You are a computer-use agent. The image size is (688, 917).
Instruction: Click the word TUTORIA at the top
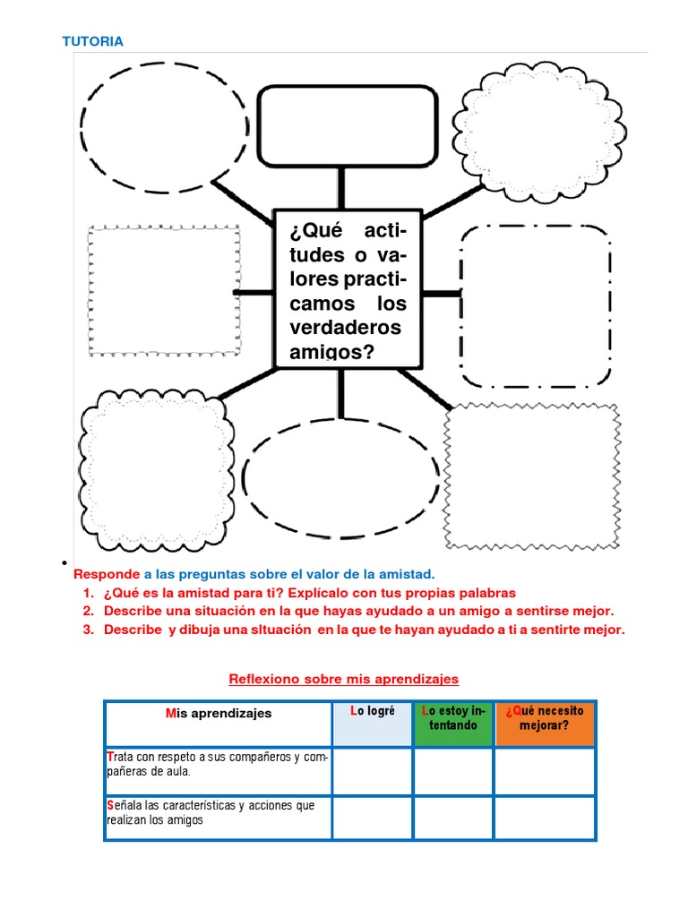91,41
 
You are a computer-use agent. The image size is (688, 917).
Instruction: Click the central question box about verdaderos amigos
347,288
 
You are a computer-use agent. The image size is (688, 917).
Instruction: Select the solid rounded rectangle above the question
347,126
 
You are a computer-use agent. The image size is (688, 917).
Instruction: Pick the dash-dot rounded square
536,306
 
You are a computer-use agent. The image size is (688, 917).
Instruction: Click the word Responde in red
107,573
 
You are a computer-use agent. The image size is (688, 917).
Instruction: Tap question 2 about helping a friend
358,611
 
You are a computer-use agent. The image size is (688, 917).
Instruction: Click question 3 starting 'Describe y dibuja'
364,630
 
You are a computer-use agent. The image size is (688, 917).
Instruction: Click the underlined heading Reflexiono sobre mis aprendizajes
344,679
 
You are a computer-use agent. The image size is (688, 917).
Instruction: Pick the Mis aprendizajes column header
219,715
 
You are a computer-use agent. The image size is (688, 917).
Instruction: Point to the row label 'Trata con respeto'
217,764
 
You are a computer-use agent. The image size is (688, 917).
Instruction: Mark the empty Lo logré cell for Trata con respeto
372,771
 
